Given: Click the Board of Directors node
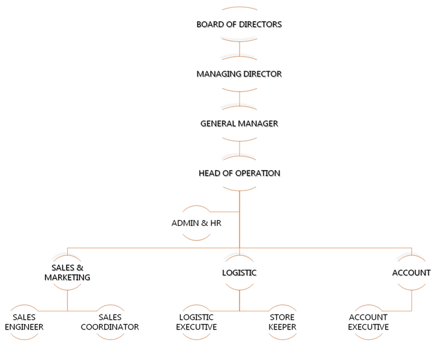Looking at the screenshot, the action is tap(239, 25).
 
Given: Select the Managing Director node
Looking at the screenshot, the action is tap(239, 74).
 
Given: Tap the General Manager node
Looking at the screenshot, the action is tap(239, 123).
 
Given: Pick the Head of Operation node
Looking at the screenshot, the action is tap(239, 173).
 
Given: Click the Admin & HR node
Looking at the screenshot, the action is tap(196, 223).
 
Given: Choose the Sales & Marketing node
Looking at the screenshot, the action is tap(67, 273).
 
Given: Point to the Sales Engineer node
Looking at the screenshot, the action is tap(25, 322).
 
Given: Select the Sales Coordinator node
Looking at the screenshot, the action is tap(110, 322).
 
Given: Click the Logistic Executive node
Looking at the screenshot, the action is tap(196, 322).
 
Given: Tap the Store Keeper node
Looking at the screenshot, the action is tap(283, 322).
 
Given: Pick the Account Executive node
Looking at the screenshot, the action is tap(368, 322).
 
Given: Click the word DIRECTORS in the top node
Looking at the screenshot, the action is tap(260, 25).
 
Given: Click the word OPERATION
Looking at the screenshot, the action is tap(257, 173).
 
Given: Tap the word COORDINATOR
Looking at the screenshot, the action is tap(110, 327).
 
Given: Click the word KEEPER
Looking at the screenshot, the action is tap(283, 327).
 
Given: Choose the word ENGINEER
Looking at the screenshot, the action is tap(25, 327).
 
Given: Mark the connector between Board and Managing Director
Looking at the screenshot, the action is tap(239, 49).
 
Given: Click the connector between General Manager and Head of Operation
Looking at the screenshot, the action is tap(239, 149).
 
